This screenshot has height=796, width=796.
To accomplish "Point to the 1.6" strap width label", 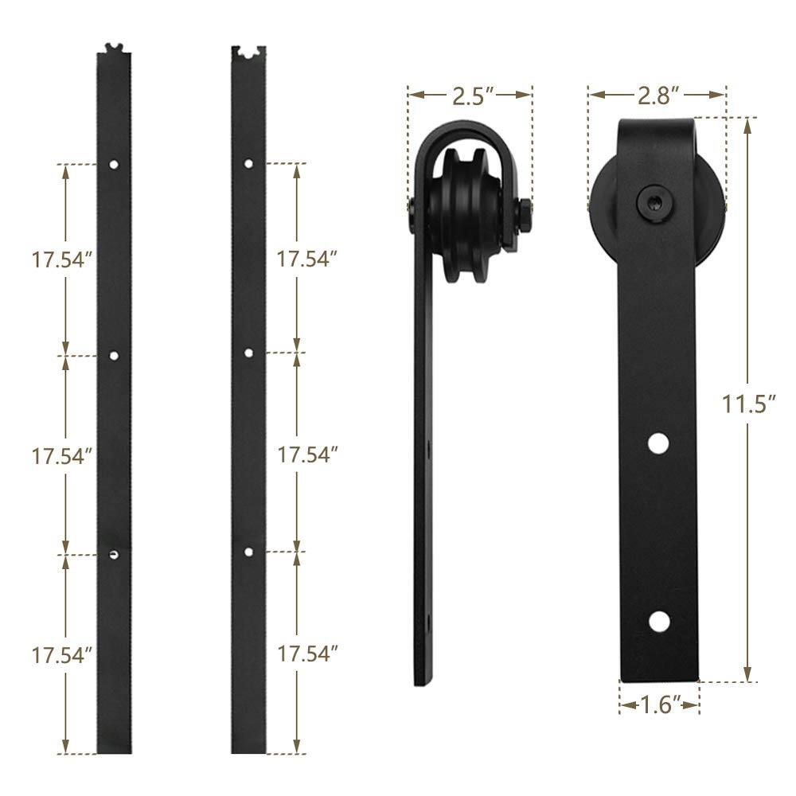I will [659, 704].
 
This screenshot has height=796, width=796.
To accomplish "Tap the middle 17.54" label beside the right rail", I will [307, 455].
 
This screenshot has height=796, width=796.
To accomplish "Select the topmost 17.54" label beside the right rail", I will [307, 259].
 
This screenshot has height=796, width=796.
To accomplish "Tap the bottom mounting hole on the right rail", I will [249, 552].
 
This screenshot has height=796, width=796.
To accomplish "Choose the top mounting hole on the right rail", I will [249, 164].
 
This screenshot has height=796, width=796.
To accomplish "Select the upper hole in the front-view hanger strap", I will [657, 443].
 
